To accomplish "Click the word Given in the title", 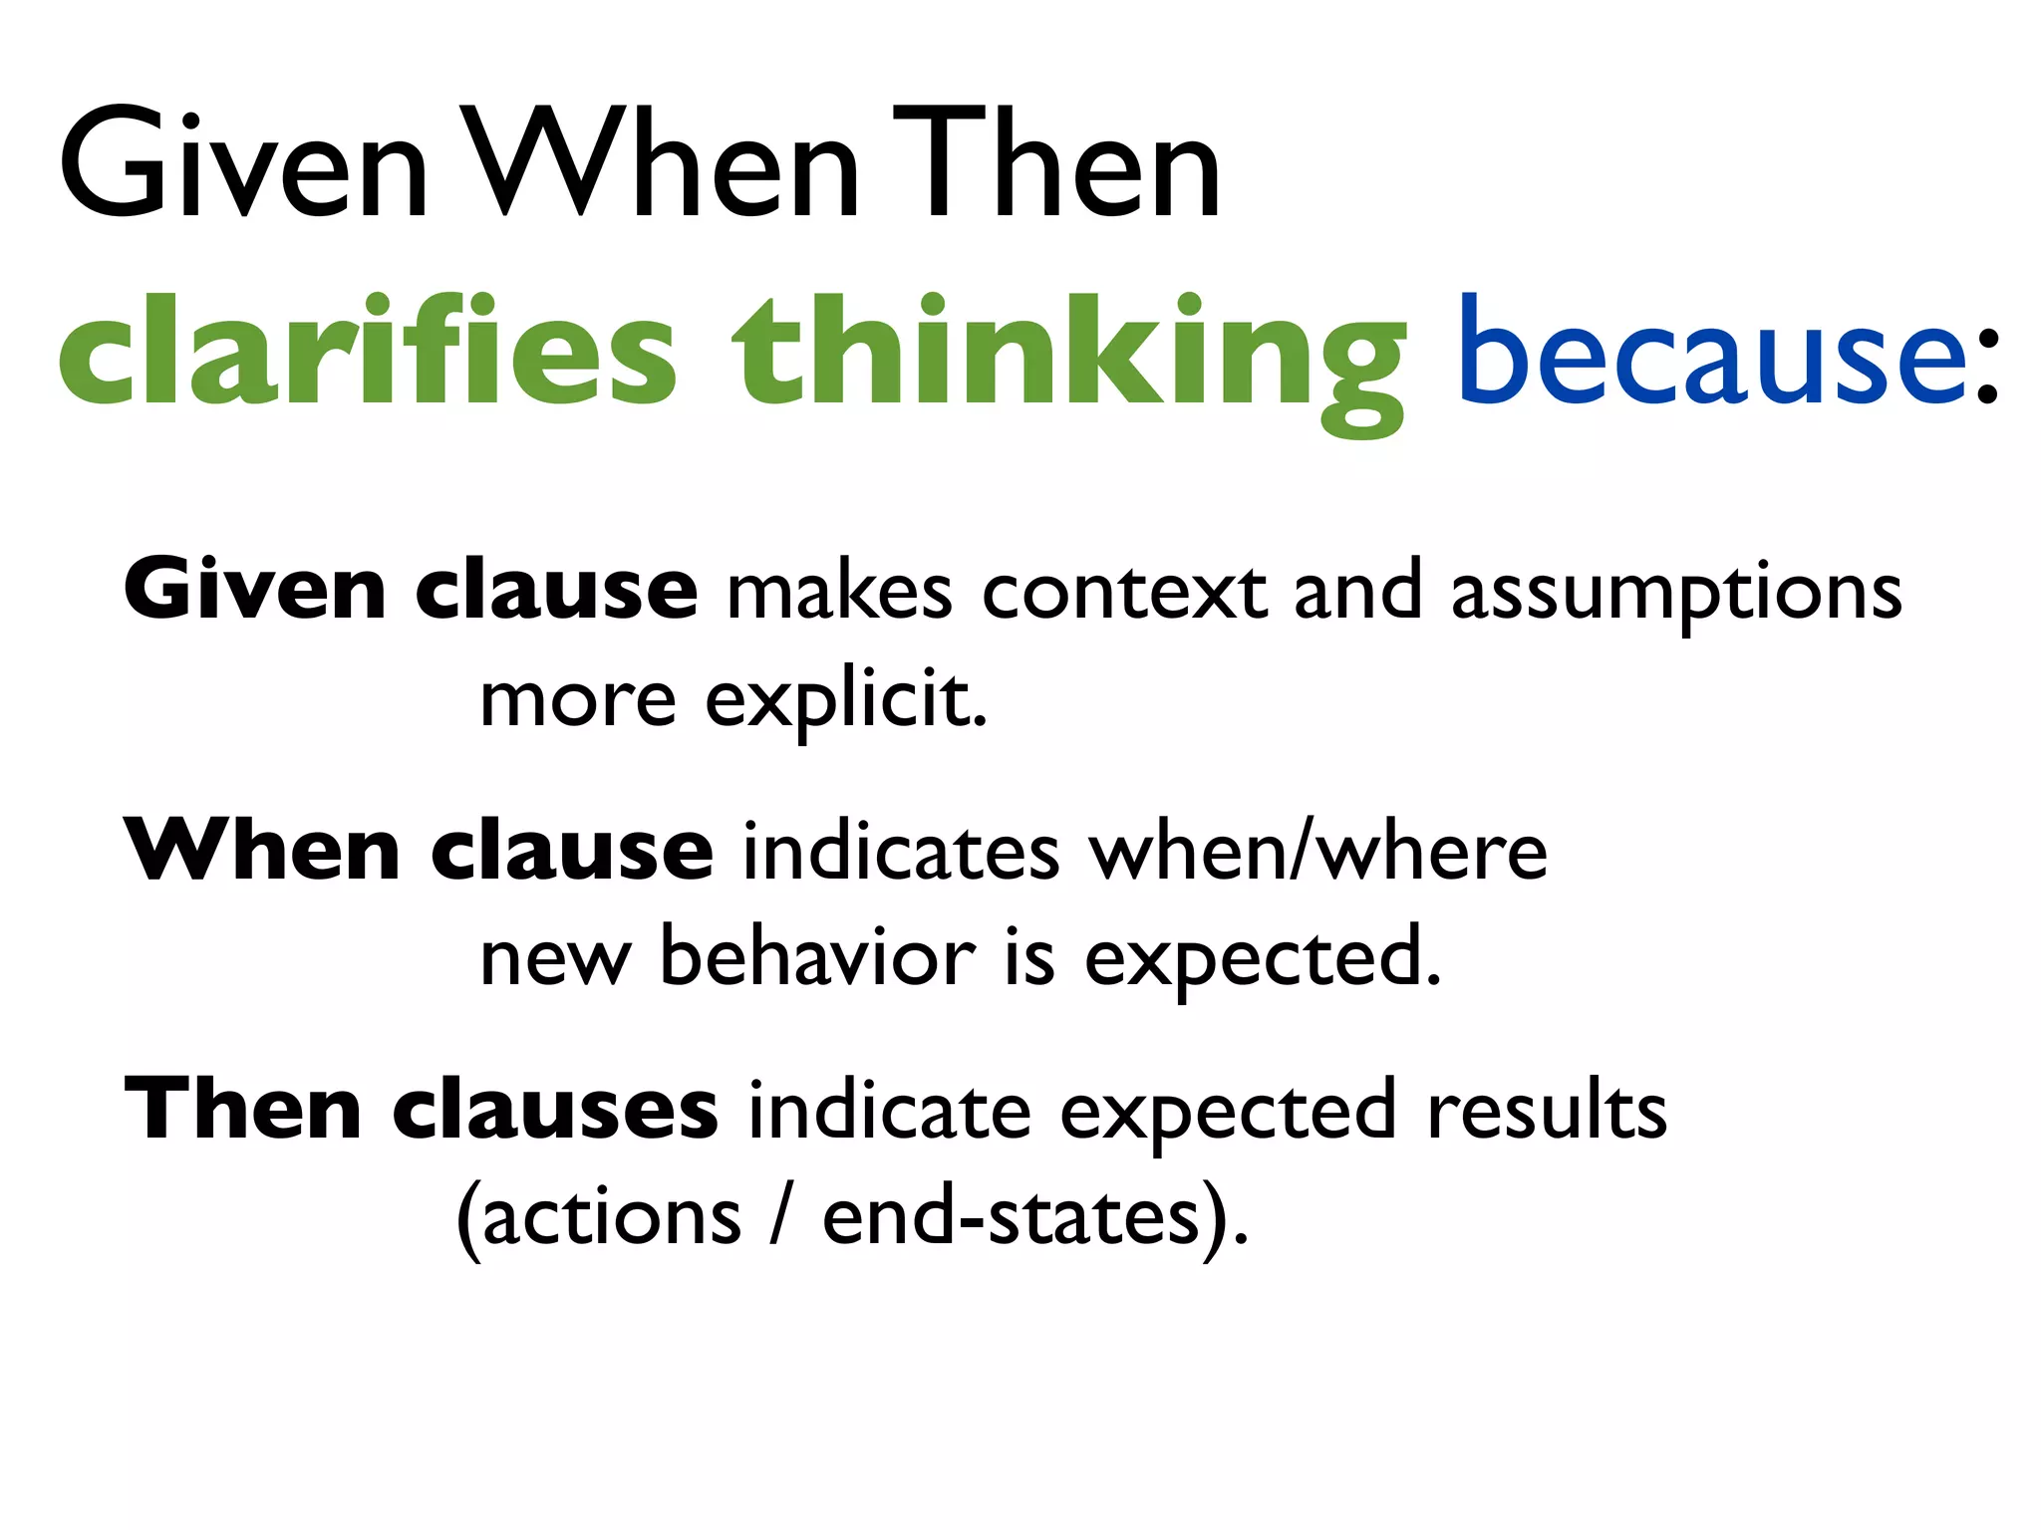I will (x=244, y=164).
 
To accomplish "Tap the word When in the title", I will (x=663, y=164).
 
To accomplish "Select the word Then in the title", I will (x=1056, y=164).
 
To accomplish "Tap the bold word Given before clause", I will (x=254, y=590).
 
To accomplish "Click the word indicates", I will (x=901, y=853).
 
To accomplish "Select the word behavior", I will (x=817, y=958).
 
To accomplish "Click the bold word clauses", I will (x=554, y=1110).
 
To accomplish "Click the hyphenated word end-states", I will (x=1011, y=1217).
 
